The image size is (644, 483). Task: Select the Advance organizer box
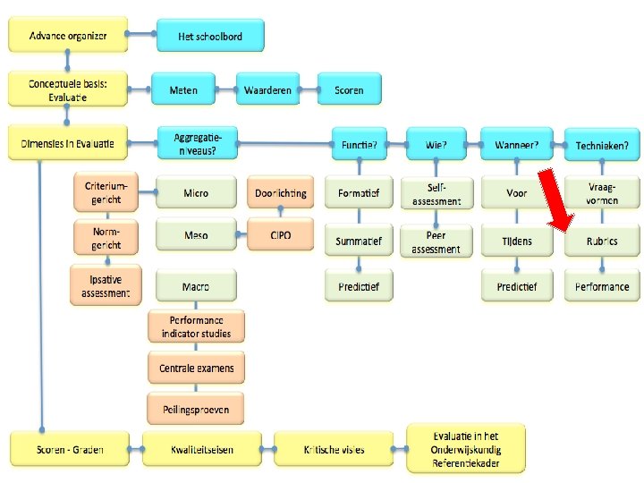click(x=68, y=36)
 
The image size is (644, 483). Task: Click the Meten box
click(x=183, y=89)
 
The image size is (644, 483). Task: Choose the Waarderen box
click(x=267, y=89)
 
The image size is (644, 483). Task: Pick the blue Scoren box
click(x=349, y=89)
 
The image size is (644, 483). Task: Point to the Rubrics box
click(x=602, y=241)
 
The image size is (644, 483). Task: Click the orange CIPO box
click(x=280, y=235)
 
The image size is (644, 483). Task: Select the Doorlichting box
click(x=280, y=192)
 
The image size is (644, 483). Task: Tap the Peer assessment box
click(x=436, y=241)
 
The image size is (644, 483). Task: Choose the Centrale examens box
click(x=196, y=368)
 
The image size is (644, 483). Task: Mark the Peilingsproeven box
click(x=196, y=409)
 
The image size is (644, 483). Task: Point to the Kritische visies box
click(x=333, y=449)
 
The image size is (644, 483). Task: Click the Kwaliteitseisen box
click(x=201, y=449)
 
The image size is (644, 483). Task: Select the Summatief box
click(x=359, y=241)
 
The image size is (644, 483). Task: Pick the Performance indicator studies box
click(x=196, y=326)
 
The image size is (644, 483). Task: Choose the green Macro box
click(x=196, y=286)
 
